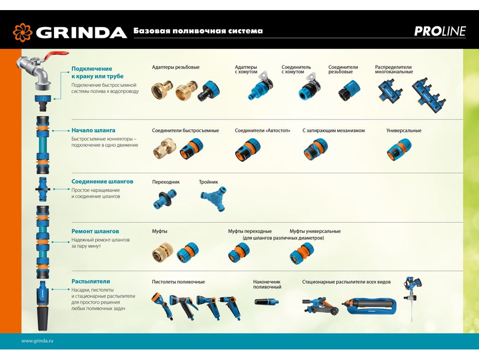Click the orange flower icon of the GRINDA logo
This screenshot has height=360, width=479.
pos(23,32)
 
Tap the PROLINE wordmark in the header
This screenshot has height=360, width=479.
pos(440,31)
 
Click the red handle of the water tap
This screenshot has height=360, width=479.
pos(57,56)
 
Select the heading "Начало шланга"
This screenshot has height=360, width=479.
pos(93,131)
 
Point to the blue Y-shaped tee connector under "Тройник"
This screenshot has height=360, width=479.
pos(214,198)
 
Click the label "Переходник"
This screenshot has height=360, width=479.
pos(166,182)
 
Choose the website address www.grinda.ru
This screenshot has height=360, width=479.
pos(37,341)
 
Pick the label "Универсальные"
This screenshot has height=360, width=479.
pos(403,131)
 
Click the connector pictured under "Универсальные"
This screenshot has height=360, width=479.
pos(399,149)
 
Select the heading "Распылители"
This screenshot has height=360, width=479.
pos(91,281)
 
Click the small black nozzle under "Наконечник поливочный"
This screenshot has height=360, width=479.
pos(267,302)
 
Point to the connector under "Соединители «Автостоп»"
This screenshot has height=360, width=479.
pos(248,149)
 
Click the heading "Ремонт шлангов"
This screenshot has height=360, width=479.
pos(95,231)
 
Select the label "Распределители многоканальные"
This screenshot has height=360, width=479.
pos(394,70)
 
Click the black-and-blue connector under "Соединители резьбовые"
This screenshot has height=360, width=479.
pos(349,91)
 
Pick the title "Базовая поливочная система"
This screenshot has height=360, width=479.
pos(198,31)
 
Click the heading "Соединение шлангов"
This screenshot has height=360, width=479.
pos(103,181)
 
